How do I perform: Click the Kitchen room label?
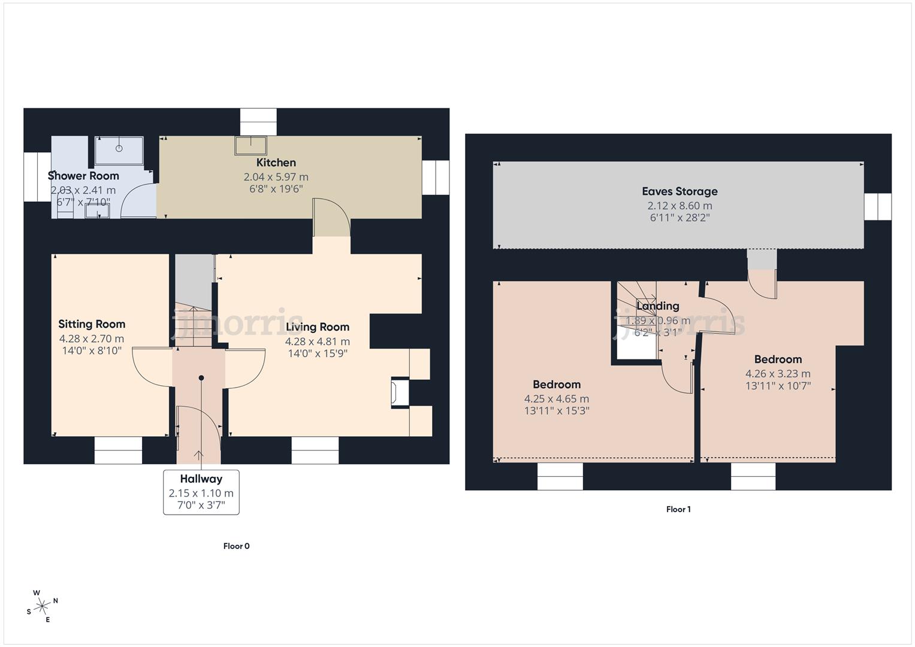(x=276, y=162)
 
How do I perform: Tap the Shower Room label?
(x=83, y=176)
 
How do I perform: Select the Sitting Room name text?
(x=92, y=324)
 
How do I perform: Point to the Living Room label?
(x=317, y=327)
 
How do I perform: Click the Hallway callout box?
(x=201, y=492)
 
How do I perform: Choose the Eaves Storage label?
(x=680, y=191)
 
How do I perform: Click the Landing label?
(x=657, y=306)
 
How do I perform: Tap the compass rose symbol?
(x=42, y=607)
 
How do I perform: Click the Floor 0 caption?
(x=236, y=546)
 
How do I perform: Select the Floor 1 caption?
(x=678, y=509)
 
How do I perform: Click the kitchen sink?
(x=250, y=145)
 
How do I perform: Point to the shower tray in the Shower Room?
(x=119, y=150)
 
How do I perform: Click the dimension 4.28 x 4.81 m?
(x=317, y=341)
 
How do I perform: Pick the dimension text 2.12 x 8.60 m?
(x=680, y=205)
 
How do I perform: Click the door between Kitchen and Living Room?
(x=331, y=219)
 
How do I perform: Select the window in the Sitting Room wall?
(x=118, y=450)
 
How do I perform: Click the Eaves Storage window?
(x=877, y=207)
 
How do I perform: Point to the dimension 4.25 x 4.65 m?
(x=556, y=399)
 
